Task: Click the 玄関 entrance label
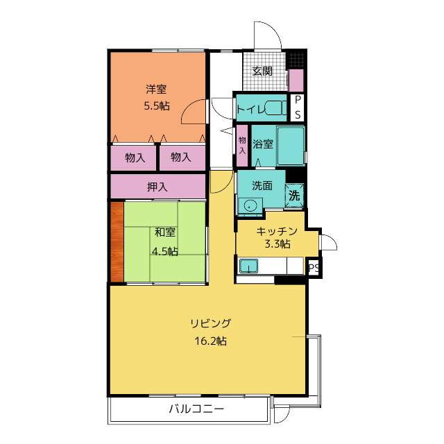(262, 71)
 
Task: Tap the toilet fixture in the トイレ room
(276, 108)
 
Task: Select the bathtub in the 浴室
(291, 146)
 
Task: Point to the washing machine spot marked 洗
(294, 196)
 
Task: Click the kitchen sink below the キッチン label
(248, 266)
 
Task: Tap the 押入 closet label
(157, 187)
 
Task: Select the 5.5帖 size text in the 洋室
(157, 106)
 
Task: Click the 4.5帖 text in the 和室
(165, 251)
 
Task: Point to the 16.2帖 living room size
(210, 341)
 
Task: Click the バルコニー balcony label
(197, 409)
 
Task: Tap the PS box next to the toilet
(298, 108)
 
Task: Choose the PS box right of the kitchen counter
(314, 268)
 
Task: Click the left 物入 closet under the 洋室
(133, 157)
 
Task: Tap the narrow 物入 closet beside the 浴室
(242, 146)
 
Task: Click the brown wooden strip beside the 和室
(117, 241)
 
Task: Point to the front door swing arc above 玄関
(273, 30)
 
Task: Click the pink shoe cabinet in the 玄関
(296, 80)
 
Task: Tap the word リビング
(210, 323)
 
